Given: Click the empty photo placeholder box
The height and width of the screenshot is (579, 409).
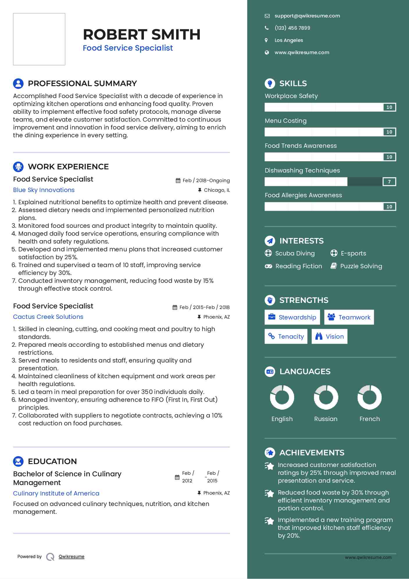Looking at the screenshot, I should (39, 39).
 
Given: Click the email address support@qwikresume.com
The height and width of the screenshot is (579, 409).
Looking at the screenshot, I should (307, 16).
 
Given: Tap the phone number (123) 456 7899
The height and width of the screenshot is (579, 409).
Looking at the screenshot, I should (292, 28).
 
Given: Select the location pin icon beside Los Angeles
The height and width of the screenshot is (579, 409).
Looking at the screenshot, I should (266, 40).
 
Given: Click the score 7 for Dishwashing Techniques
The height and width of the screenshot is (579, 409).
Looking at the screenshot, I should (389, 182).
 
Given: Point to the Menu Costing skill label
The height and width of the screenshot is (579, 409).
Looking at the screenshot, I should (285, 121).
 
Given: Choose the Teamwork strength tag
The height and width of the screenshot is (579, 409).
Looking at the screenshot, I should (349, 317).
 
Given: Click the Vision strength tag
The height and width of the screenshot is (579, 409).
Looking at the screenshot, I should (329, 336).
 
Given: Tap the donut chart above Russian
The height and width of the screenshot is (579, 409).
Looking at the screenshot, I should (326, 397).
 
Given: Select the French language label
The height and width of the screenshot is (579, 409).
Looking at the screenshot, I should (369, 419).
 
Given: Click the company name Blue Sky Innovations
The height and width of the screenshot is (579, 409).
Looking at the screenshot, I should (44, 190).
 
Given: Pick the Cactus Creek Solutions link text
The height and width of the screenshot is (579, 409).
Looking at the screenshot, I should (48, 317).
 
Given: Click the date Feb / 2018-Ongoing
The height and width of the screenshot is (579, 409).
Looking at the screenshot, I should (206, 180).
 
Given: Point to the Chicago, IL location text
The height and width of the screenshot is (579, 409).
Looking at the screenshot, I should (217, 190).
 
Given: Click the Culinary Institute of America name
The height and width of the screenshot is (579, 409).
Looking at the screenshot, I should (56, 493).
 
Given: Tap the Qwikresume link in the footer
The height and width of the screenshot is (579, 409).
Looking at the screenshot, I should (72, 557).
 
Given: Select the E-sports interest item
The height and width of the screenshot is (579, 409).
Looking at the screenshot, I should (353, 253).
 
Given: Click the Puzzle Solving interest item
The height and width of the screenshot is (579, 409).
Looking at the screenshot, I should (361, 266).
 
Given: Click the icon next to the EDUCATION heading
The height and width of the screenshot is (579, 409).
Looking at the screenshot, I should (18, 461).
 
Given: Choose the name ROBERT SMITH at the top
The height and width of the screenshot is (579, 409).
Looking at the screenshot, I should (142, 34).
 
